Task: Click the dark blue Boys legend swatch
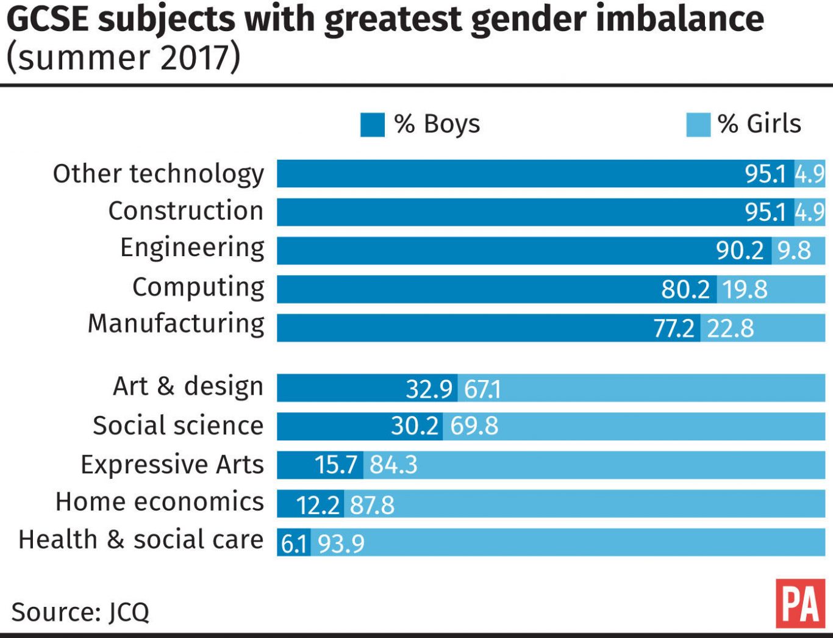click(372, 124)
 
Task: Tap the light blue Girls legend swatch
click(698, 124)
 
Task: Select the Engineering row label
click(192, 248)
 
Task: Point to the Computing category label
click(198, 287)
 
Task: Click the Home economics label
click(160, 502)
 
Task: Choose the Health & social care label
click(141, 540)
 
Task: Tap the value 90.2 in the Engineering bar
click(740, 251)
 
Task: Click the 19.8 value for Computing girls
click(745, 289)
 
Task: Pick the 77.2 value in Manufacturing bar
click(674, 328)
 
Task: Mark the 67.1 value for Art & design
click(482, 389)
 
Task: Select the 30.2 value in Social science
click(415, 426)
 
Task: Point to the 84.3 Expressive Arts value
click(393, 465)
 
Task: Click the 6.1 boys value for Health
click(294, 543)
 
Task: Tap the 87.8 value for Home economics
click(372, 505)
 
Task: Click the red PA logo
click(800, 604)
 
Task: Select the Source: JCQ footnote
click(80, 612)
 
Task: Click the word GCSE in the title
click(47, 20)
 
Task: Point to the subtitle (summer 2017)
click(123, 57)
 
